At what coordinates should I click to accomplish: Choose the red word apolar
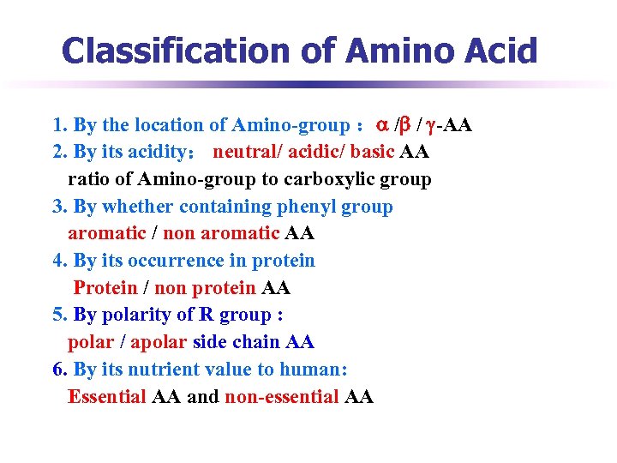point(159,342)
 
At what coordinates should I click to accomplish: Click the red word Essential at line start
point(107,397)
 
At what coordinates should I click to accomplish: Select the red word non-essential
point(282,397)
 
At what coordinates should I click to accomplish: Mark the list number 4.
point(57,261)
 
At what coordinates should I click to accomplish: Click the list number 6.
point(57,370)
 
